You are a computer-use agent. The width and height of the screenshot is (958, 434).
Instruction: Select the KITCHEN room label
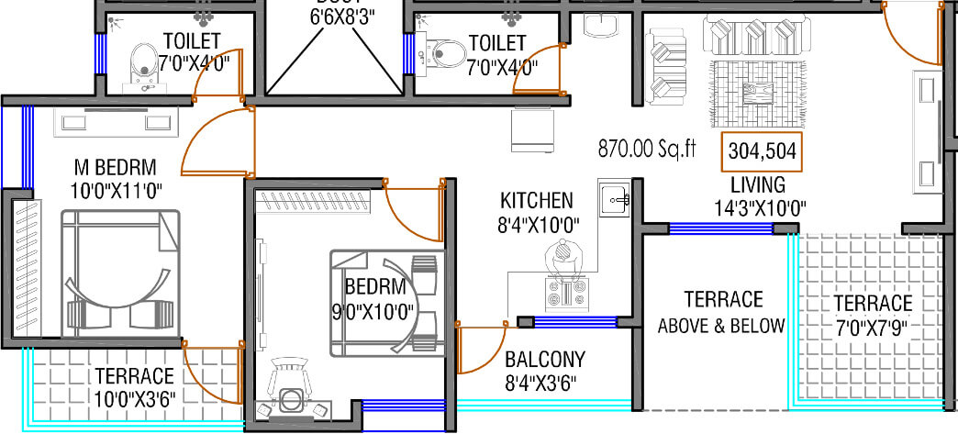coord(537,200)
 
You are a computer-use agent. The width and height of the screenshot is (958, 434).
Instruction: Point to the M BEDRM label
coord(116,168)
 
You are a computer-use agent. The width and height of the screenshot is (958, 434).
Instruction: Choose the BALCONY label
coord(545,360)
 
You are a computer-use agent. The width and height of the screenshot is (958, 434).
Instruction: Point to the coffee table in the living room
coord(758,91)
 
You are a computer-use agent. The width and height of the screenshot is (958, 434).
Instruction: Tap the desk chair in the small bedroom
coord(292,399)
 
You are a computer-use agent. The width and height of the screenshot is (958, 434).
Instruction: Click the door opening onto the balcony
coord(479,347)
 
